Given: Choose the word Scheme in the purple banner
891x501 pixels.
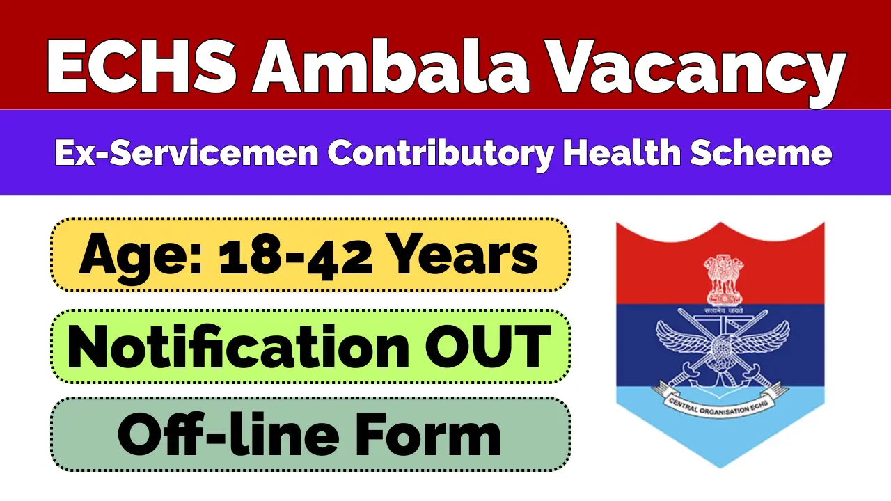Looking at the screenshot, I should pyautogui.click(x=764, y=152).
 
